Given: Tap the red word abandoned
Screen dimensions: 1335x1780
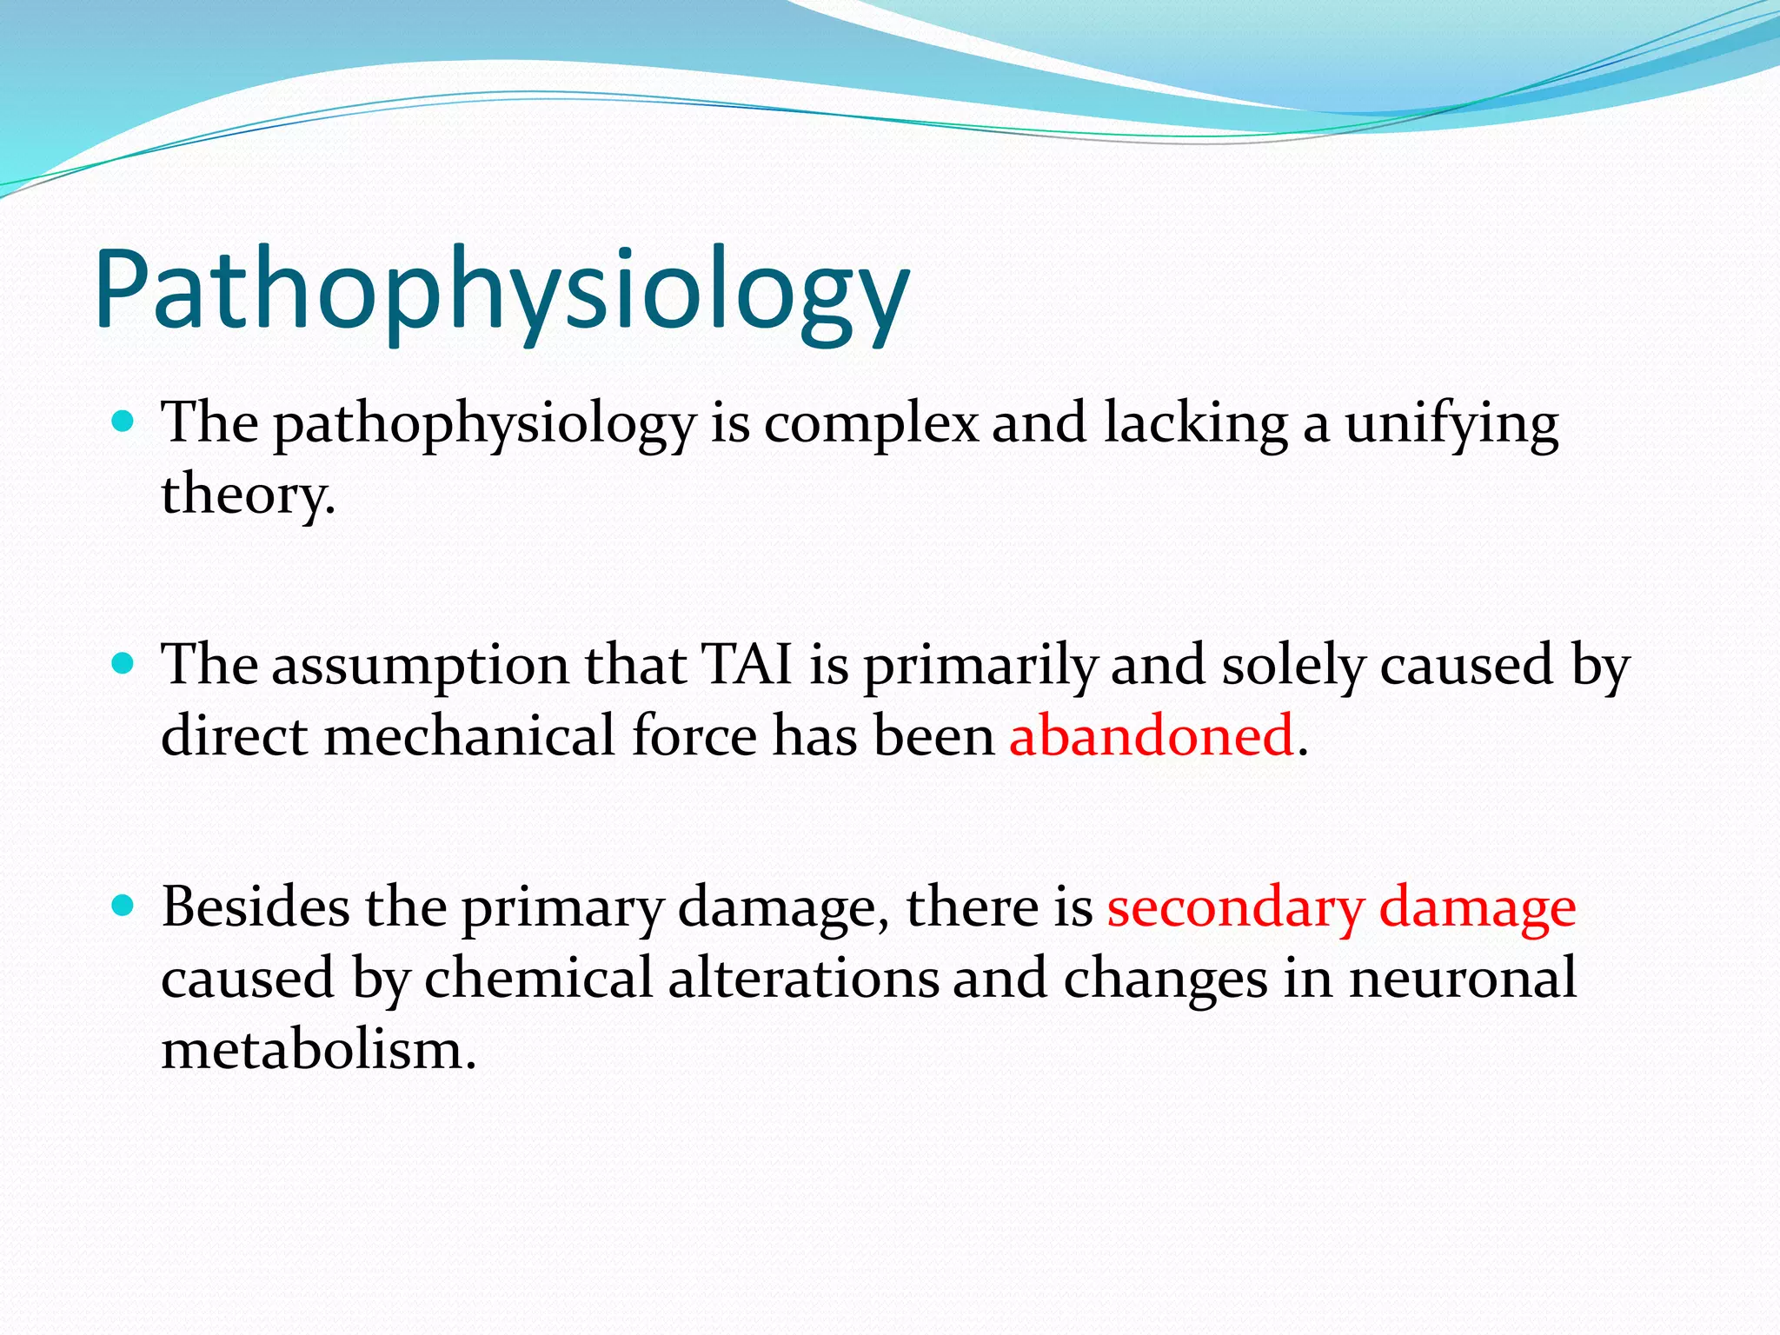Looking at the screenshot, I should [x=1152, y=735].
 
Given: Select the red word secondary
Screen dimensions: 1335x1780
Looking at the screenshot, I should [x=1235, y=907].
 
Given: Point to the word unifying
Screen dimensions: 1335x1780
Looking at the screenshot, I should [x=1451, y=424].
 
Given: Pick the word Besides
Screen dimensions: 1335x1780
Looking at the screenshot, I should [x=256, y=907].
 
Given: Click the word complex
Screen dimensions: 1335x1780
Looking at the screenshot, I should [x=871, y=424].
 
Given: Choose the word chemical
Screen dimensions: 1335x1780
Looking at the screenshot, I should [x=538, y=978].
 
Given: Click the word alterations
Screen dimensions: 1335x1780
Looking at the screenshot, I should [x=804, y=978].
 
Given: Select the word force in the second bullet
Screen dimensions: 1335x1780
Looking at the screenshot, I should [x=694, y=735].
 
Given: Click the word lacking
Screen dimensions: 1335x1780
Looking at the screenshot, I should [x=1195, y=424].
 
